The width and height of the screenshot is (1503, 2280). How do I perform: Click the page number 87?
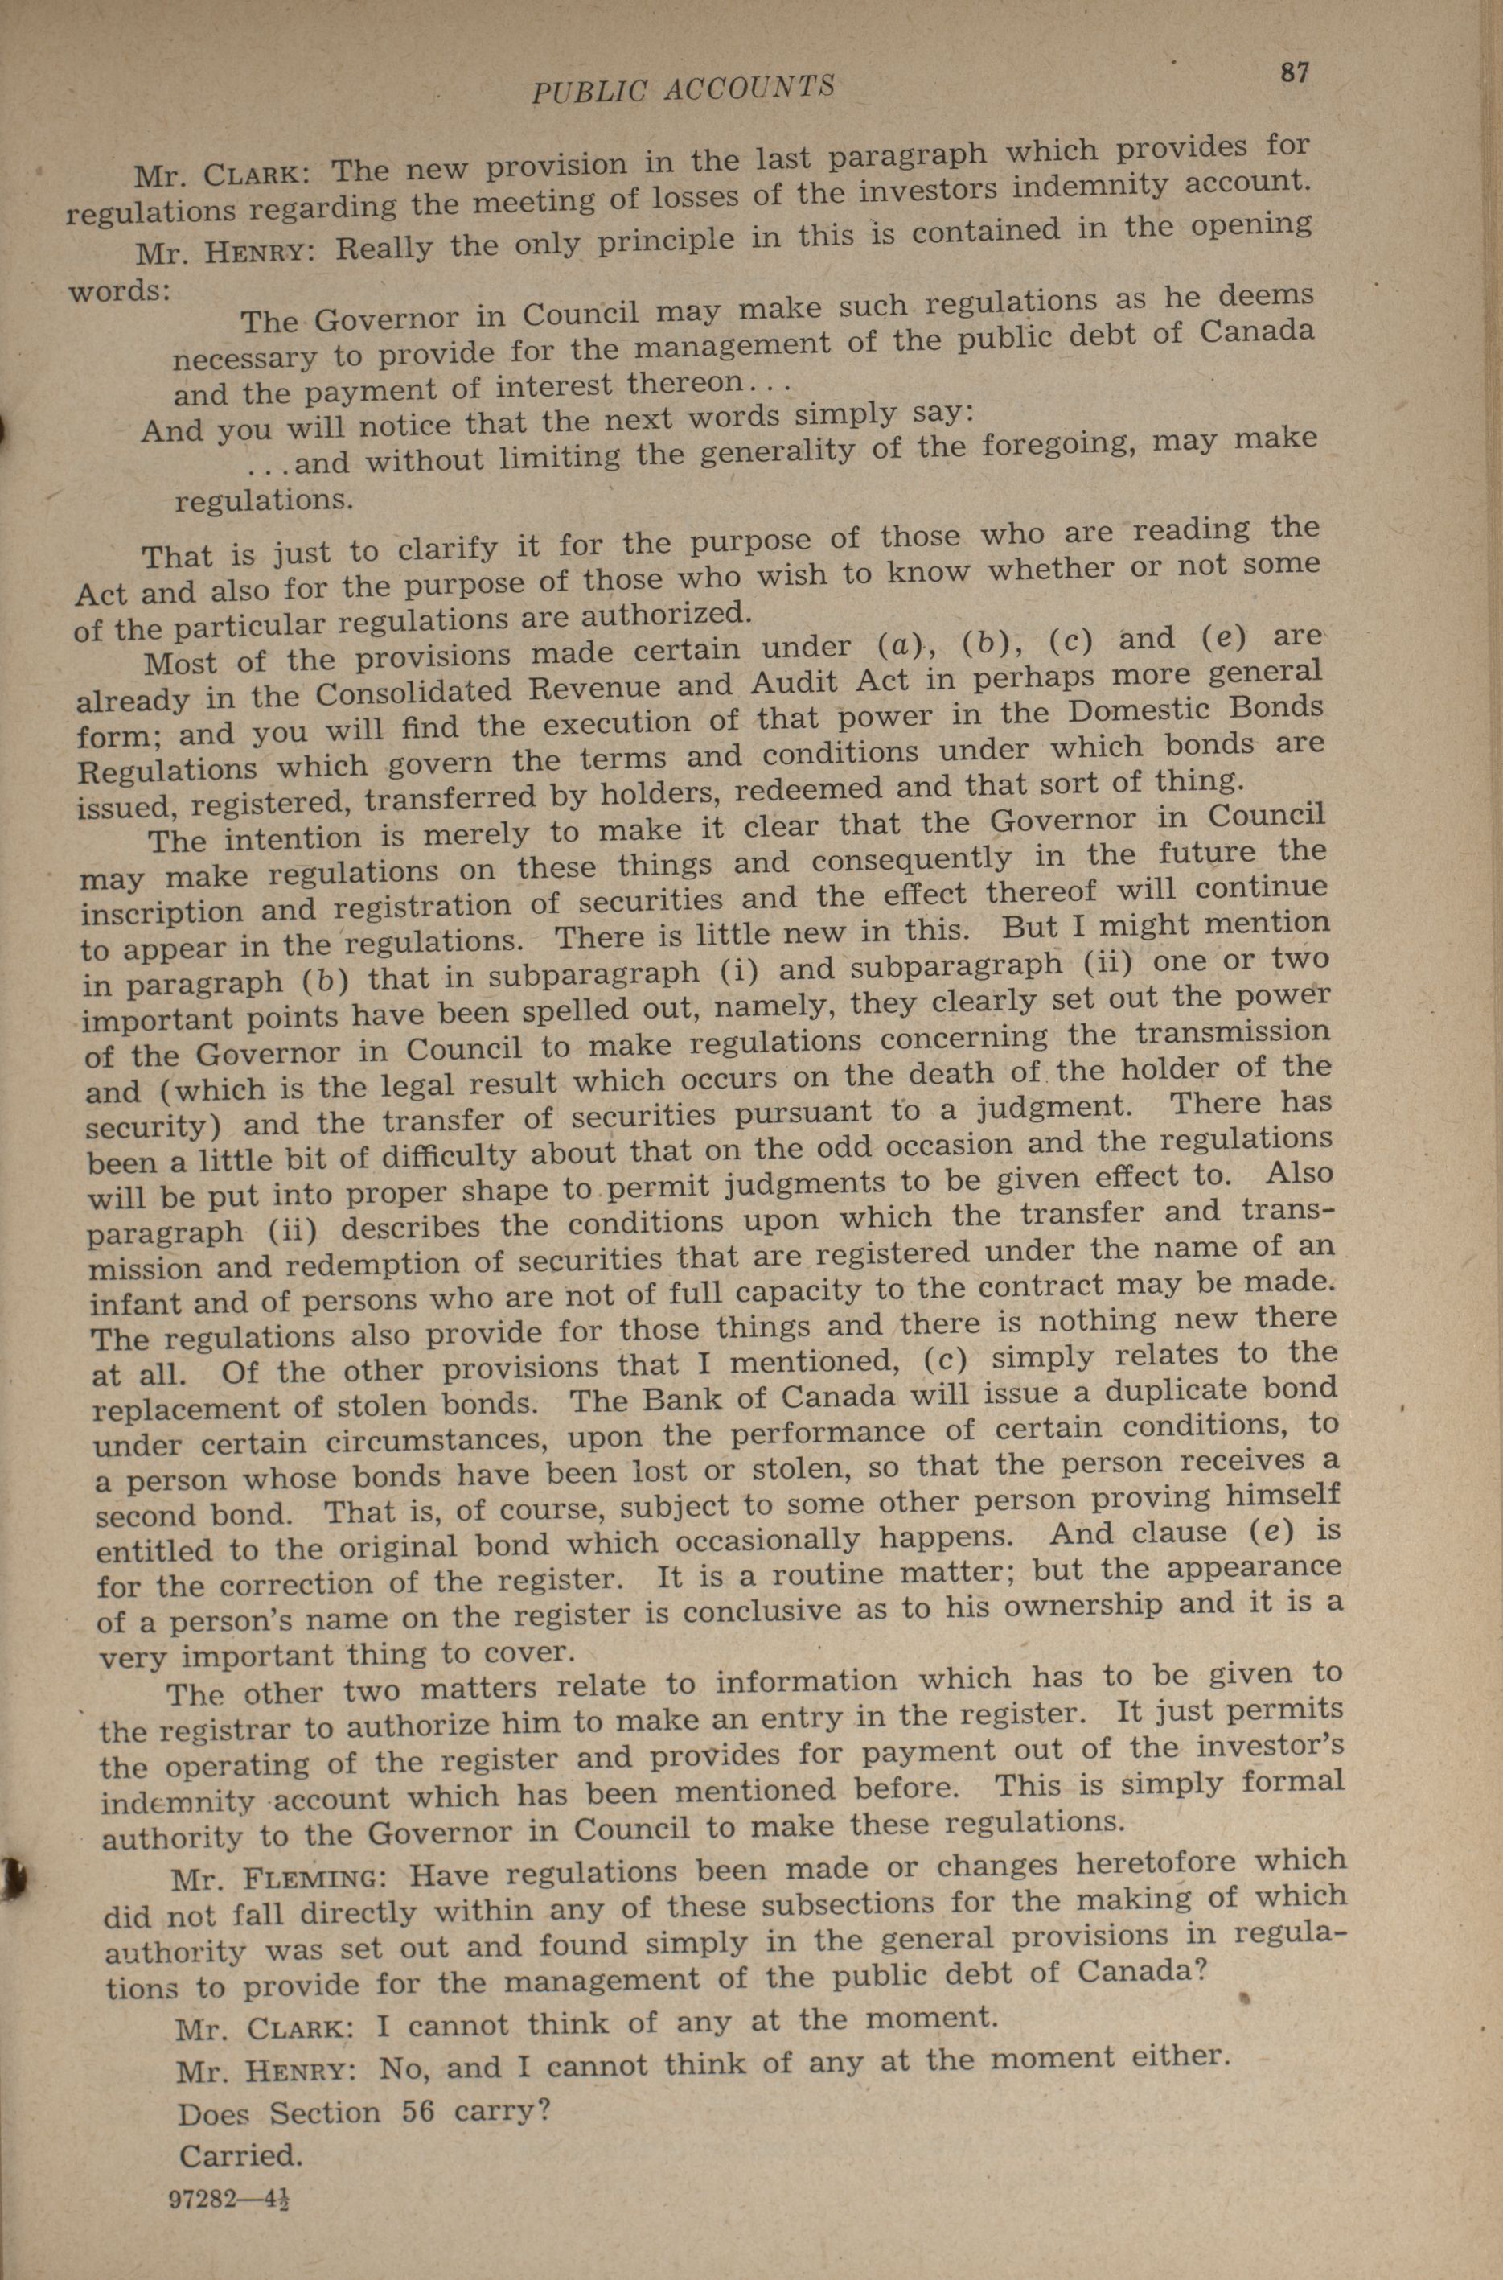tap(1293, 74)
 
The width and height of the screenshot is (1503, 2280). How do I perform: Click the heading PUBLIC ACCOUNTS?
tap(683, 88)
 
